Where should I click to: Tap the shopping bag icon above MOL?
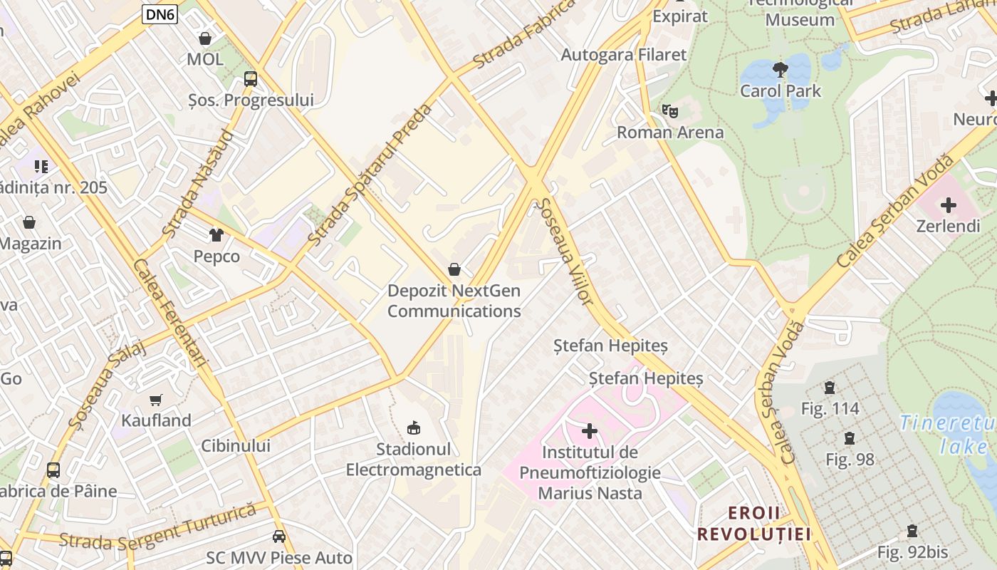point(205,38)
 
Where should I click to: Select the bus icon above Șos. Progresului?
point(250,79)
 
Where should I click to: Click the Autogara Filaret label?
point(624,55)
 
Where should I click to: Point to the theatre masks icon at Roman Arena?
point(669,111)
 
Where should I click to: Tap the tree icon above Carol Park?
point(781,70)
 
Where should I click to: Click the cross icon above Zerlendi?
point(948,206)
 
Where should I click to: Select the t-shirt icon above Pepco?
point(216,234)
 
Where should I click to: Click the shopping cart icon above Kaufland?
point(156,400)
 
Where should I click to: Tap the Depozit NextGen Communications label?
point(454,301)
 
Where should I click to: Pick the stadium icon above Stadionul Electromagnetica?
point(413,427)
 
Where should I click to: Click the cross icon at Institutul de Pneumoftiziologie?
point(590,431)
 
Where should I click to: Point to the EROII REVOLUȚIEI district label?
point(754,524)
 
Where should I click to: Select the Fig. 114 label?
point(830,409)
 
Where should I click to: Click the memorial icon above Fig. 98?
point(849,438)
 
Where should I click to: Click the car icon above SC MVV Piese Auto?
point(279,537)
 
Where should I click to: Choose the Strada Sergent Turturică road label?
point(157,528)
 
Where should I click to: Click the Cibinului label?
point(236,446)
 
